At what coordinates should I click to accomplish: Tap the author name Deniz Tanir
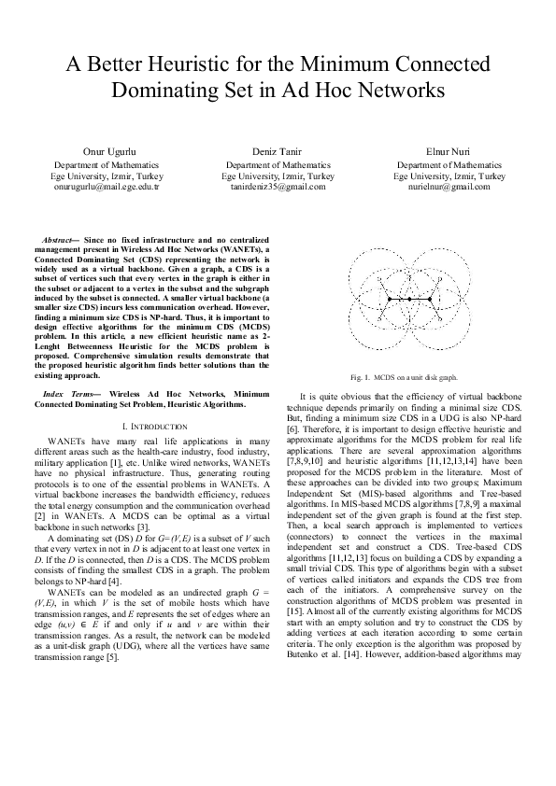pos(278,150)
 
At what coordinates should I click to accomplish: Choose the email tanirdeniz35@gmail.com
pos(278,186)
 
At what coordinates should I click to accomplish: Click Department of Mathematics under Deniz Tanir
pos(278,164)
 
